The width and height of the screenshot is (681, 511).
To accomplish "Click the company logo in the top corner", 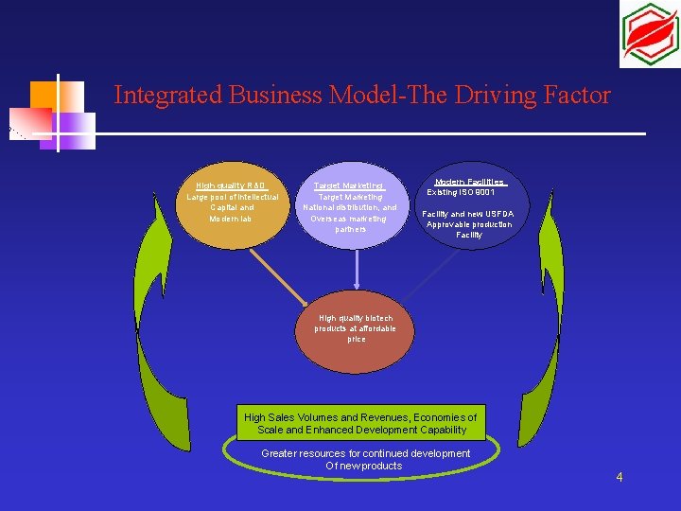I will (x=650, y=34).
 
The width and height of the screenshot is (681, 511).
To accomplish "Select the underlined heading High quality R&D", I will (x=232, y=185).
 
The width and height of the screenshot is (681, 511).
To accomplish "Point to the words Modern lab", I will (x=232, y=219).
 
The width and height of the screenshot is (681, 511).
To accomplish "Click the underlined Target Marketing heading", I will (x=350, y=185).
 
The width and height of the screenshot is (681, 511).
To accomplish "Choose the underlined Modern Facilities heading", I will (x=469, y=182).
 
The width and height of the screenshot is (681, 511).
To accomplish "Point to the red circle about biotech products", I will (x=356, y=336).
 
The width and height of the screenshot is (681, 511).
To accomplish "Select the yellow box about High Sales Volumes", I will (x=360, y=423).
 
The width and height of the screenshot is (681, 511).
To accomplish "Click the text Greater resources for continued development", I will (x=365, y=453).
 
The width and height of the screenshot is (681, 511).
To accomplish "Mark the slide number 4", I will (x=619, y=477).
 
